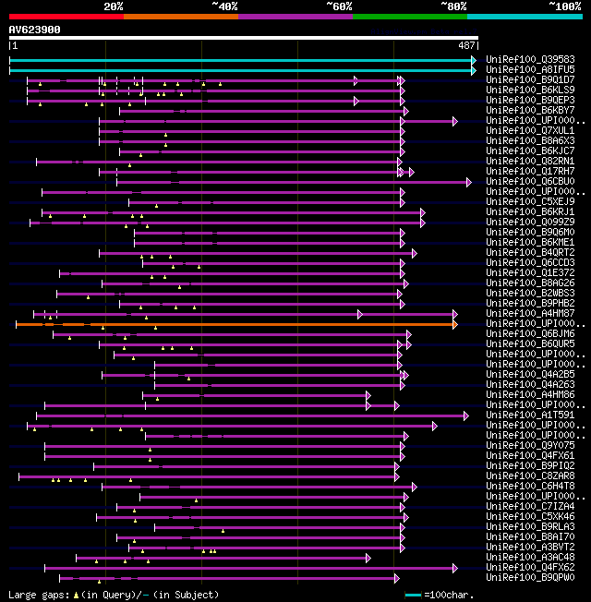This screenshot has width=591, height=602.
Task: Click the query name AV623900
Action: point(35,30)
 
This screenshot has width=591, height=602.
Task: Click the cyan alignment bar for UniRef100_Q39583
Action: point(240,60)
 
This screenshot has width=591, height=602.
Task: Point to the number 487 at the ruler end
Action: point(466,45)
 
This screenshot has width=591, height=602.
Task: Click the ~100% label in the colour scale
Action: point(564,6)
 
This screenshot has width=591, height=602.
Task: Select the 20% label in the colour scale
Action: point(114,6)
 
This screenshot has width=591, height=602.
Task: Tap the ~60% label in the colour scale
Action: point(339,6)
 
